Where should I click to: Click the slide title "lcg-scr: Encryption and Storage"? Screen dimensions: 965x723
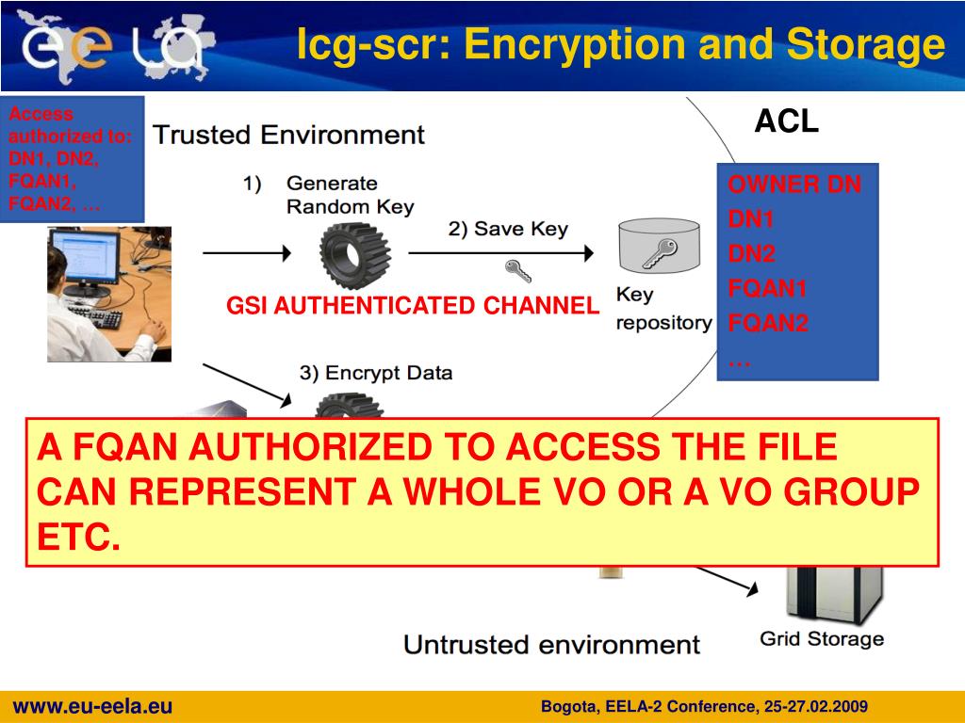coord(620,44)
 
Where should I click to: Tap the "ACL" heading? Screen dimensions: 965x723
coord(786,121)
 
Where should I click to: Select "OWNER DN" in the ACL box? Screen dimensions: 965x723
coord(793,185)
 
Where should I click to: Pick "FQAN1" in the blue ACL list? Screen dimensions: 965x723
coord(767,289)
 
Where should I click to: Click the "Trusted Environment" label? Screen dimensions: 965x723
coord(289,135)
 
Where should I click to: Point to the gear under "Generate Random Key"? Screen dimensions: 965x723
coord(354,251)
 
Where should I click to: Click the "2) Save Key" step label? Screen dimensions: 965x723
coord(508,229)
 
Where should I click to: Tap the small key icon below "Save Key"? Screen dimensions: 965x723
coord(517,271)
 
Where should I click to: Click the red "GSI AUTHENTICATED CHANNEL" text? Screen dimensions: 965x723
coord(413,305)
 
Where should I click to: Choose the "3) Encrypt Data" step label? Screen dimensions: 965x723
coord(376,372)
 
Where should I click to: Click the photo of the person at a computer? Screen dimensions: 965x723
coord(109,293)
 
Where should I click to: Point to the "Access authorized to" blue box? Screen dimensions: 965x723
coord(72,158)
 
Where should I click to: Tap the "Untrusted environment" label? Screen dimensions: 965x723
coord(551,645)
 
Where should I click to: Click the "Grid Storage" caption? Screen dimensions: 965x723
coord(822,639)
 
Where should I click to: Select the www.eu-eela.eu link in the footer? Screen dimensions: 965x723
coord(92,707)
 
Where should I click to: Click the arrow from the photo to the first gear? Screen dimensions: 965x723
coord(247,252)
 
